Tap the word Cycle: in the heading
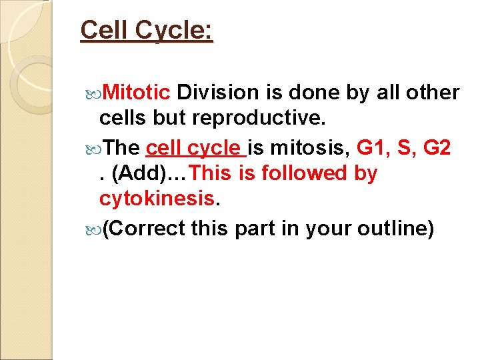(177, 31)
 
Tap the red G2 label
(441, 147)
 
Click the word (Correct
(145, 228)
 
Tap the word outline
(396, 228)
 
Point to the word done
(317, 92)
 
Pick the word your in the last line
(329, 228)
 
